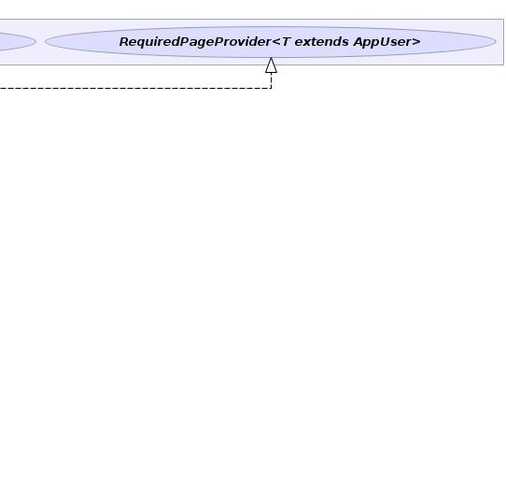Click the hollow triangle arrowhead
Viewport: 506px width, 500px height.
(x=271, y=65)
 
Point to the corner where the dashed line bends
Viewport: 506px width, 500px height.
(x=271, y=88)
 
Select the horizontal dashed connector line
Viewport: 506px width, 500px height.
(x=135, y=88)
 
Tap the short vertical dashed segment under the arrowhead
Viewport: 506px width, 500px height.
(x=271, y=80)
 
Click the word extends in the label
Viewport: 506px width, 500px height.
(x=321, y=42)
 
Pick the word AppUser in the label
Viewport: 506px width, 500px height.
(x=383, y=42)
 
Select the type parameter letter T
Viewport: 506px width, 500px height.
(x=286, y=42)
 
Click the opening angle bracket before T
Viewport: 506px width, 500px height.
(x=276, y=42)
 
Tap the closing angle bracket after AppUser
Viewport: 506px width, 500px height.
(x=416, y=42)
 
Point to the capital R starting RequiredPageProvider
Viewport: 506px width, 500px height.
(x=124, y=42)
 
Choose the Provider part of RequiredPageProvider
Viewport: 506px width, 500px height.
(x=243, y=42)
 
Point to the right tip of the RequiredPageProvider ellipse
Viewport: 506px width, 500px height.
(x=496, y=42)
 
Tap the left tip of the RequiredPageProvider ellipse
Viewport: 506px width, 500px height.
(x=45, y=42)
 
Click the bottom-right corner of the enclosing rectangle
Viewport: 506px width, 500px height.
(x=503, y=64)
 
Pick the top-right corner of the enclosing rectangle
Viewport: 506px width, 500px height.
(x=503, y=20)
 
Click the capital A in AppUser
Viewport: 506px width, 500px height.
(x=358, y=42)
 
